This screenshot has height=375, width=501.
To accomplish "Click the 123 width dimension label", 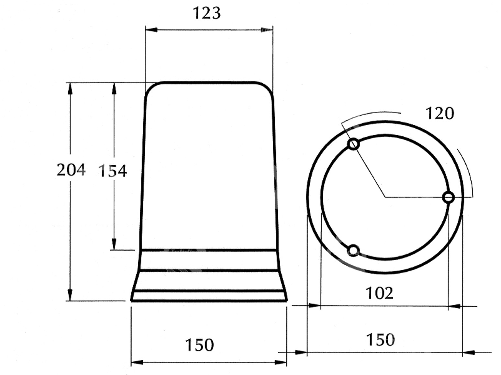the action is click(x=207, y=13).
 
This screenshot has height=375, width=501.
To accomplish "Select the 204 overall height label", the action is click(x=71, y=170).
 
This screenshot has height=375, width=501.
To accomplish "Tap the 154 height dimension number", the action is click(x=112, y=171).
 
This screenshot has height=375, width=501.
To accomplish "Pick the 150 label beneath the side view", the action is click(x=199, y=345).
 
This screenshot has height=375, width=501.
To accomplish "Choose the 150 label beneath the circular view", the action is click(x=380, y=340).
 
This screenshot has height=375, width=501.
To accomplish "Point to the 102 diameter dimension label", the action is click(x=379, y=293).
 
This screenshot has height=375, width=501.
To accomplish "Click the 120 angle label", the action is click(x=440, y=113).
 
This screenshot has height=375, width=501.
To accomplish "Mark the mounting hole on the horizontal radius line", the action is click(x=448, y=197).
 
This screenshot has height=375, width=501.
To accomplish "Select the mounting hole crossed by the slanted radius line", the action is click(x=353, y=144).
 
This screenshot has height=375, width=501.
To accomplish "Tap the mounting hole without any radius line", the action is click(x=353, y=250).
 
